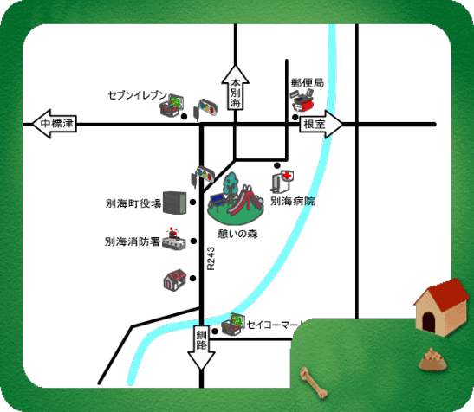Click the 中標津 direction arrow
(x=55, y=124)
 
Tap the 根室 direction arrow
(x=321, y=124)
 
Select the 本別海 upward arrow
(x=235, y=87)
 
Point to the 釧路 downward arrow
(x=201, y=347)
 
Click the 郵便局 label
(x=308, y=83)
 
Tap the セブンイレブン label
(x=138, y=95)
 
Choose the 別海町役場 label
(x=133, y=203)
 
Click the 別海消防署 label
(x=132, y=241)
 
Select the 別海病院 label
(x=293, y=201)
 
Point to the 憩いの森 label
(x=238, y=234)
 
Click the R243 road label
(x=211, y=259)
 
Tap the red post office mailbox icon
(x=302, y=100)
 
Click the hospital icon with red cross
(x=282, y=181)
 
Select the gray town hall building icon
(x=175, y=203)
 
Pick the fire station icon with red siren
(x=174, y=240)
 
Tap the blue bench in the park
(x=217, y=201)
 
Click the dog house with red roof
(x=441, y=307)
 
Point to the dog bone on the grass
(x=314, y=383)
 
